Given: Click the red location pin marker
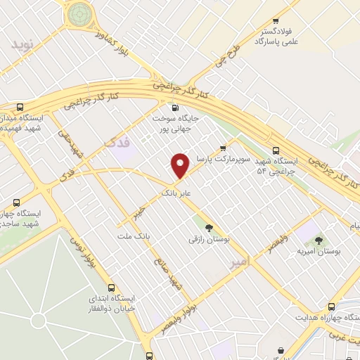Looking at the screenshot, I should [x=181, y=165].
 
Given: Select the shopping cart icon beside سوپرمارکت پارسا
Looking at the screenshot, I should [x=223, y=148].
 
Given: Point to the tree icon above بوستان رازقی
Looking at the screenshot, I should [x=208, y=226].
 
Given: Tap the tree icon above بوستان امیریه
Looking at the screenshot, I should [x=325, y=240].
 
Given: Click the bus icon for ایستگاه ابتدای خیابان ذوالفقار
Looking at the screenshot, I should [x=111, y=288].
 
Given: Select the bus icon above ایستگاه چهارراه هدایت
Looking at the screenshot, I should [x=331, y=307].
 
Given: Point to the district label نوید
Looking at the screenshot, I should [x=21, y=44].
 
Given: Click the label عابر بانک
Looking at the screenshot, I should [x=176, y=191].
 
